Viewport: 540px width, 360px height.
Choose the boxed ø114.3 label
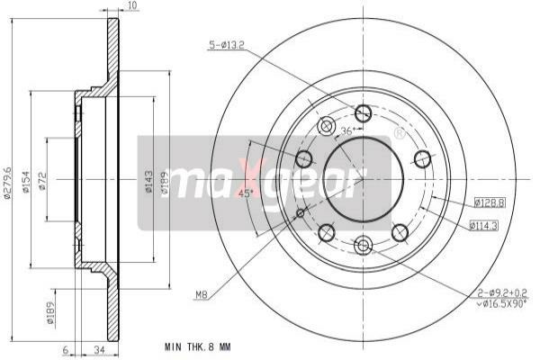(x=485, y=226)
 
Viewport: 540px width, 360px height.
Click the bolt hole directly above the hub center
(x=363, y=113)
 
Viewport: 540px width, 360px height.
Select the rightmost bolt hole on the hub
(x=421, y=159)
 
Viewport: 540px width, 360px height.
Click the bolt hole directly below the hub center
(x=363, y=245)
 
